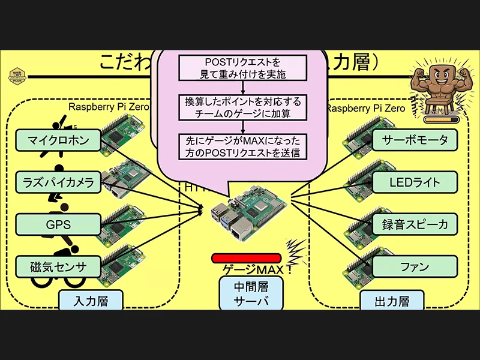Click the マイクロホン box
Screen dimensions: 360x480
(x=58, y=140)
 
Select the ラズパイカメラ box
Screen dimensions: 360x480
(x=58, y=182)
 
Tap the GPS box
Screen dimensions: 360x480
(x=58, y=224)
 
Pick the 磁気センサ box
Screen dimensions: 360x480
(x=58, y=266)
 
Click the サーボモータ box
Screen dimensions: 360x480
(x=415, y=140)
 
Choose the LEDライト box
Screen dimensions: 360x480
(x=415, y=182)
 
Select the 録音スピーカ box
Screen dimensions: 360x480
(x=415, y=224)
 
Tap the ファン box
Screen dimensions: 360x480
(x=415, y=266)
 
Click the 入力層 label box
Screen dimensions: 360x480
(x=91, y=300)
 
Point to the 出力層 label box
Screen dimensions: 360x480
(x=392, y=300)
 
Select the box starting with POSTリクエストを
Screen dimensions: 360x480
(x=243, y=68)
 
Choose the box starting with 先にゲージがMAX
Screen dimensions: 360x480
(x=243, y=146)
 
